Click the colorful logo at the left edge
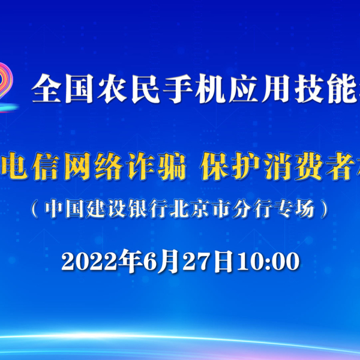coord(7,87)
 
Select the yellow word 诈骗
coord(157,166)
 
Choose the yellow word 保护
coord(230,166)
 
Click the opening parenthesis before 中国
coord(34,208)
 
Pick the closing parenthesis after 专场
coord(325,208)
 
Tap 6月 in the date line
coord(161,261)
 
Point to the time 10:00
coord(268,261)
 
